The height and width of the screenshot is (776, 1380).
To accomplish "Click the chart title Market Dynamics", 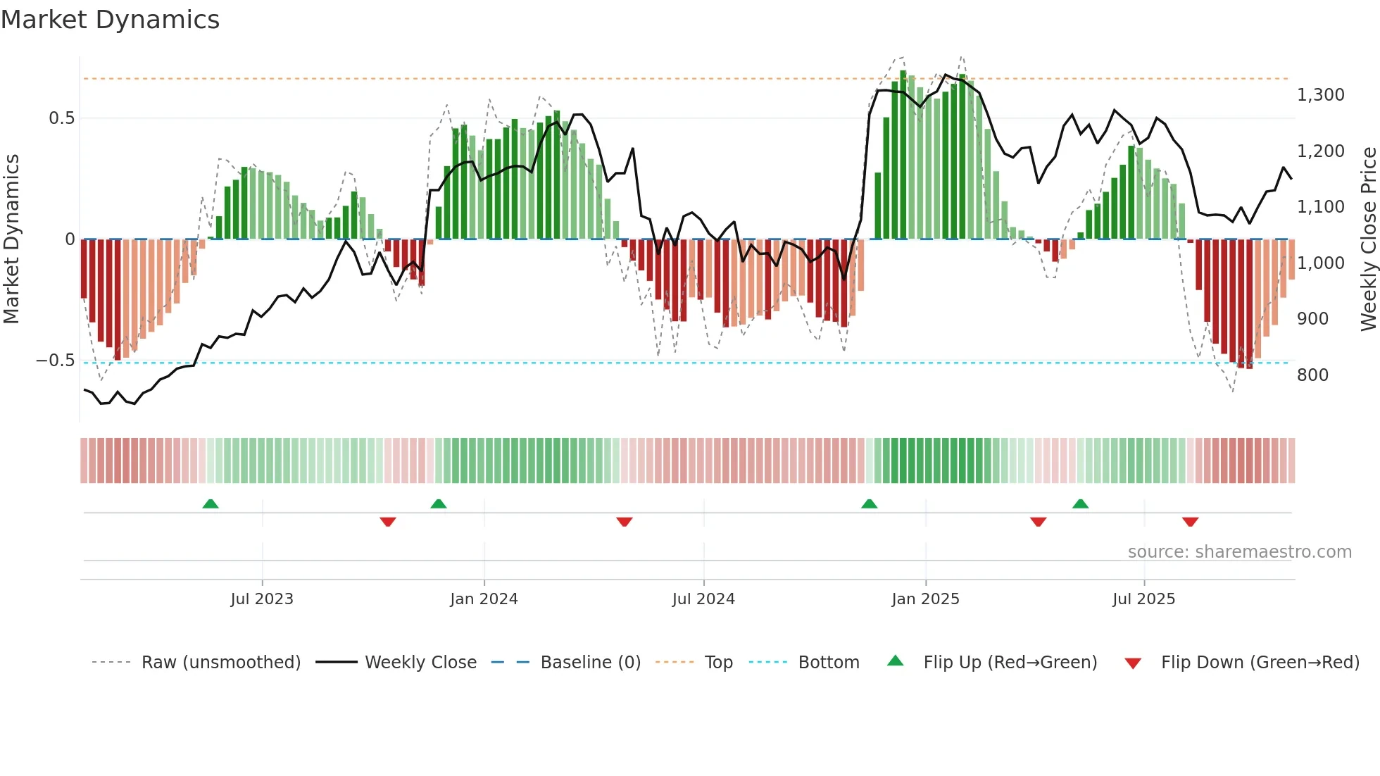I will tap(110, 20).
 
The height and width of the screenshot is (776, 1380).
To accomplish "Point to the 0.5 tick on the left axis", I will tap(61, 118).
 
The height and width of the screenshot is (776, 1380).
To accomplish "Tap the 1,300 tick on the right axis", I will tap(1320, 95).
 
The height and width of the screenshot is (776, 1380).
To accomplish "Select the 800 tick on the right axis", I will tap(1312, 375).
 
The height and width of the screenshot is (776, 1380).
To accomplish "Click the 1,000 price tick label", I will tap(1320, 263).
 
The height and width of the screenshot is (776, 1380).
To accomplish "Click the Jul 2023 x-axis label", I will tap(261, 599).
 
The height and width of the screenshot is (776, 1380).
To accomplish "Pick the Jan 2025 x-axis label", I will tap(924, 599).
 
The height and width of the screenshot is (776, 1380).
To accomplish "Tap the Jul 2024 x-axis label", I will tap(703, 599).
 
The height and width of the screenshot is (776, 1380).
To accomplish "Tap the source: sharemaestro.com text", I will tap(1239, 552).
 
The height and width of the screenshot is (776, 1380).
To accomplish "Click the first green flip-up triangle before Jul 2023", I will tap(211, 503).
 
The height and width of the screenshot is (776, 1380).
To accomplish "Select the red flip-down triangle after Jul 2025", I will tap(1190, 522).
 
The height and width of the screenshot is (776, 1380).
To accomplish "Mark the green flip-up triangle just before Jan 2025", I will tap(869, 503).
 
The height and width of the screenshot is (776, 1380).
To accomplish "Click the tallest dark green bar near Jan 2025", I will tap(903, 155).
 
